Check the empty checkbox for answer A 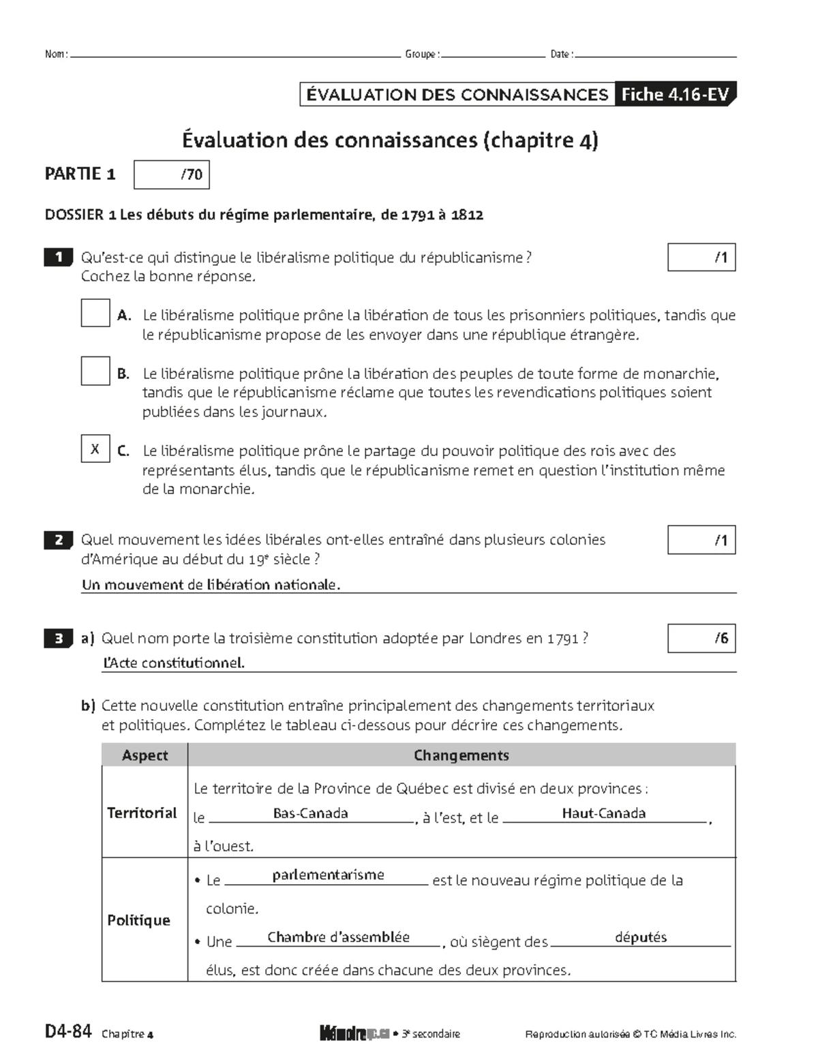[95, 313]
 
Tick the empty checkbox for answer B [95, 371]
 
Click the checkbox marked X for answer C [95, 449]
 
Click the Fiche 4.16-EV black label [674, 95]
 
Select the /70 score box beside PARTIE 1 [172, 175]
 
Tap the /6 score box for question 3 [701, 638]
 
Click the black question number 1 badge [59, 258]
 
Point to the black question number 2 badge [59, 541]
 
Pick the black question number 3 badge [59, 639]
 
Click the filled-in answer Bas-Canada [310, 813]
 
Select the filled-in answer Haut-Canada [603, 813]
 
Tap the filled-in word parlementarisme [328, 875]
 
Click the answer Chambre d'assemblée [338, 937]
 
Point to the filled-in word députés [641, 937]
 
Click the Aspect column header [145, 755]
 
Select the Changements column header [461, 755]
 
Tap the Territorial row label [142, 813]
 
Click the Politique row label [138, 920]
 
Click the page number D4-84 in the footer [67, 1031]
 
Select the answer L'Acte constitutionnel [173, 663]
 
